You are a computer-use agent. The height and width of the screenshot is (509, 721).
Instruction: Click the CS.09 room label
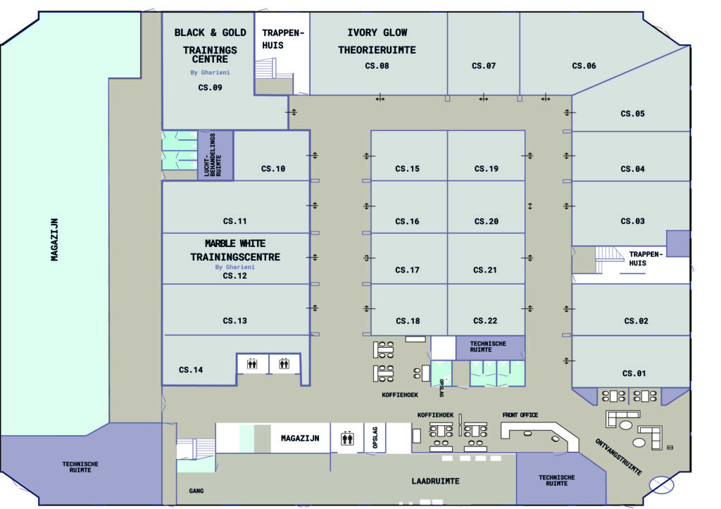click(x=210, y=88)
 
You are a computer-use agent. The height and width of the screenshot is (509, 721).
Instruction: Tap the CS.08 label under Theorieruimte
click(x=377, y=66)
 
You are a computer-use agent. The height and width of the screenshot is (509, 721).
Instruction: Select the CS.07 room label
click(x=484, y=66)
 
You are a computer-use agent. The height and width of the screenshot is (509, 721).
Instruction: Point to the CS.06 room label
click(x=584, y=66)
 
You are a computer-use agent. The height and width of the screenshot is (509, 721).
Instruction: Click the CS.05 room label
click(x=632, y=113)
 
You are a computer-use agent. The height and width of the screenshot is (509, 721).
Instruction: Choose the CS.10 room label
click(x=273, y=169)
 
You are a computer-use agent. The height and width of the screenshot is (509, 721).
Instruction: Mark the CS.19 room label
click(x=486, y=169)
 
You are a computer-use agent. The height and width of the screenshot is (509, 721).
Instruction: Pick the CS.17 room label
click(x=407, y=270)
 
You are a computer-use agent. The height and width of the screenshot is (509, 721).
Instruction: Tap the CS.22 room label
click(x=486, y=321)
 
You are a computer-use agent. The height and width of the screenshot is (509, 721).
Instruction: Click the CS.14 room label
click(x=191, y=370)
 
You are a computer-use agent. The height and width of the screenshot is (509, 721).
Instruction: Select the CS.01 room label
click(x=634, y=374)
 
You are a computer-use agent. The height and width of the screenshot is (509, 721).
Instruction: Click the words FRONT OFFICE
click(x=520, y=415)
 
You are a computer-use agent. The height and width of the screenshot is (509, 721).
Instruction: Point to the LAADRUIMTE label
click(x=435, y=481)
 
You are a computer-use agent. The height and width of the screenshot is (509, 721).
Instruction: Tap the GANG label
click(x=196, y=491)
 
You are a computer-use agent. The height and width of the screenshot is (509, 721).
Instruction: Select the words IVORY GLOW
click(x=377, y=32)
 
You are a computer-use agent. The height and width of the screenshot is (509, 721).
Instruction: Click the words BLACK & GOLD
click(x=210, y=32)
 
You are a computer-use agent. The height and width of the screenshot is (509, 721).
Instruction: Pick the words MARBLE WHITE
click(x=235, y=243)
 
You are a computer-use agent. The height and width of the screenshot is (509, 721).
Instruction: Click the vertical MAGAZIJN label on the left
click(x=54, y=239)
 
